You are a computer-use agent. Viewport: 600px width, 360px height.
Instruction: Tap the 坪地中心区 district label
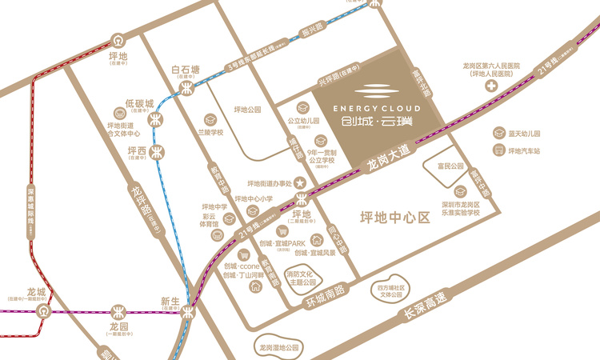point(395,218)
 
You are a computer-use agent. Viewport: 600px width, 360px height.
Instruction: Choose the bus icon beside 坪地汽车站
point(498,150)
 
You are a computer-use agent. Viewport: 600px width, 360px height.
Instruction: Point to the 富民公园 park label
point(450,166)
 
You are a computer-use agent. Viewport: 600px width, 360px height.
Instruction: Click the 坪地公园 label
point(248,110)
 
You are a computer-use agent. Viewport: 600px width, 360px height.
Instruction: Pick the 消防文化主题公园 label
point(302,278)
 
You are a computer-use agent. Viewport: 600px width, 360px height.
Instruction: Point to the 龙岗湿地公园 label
point(274,349)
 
